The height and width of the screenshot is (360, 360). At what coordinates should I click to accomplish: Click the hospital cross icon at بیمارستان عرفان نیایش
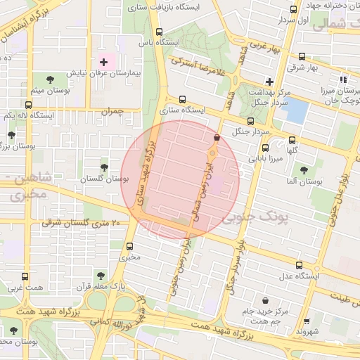tap(104, 63)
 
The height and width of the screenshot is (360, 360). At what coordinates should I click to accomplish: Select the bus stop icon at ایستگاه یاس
tap(160, 32)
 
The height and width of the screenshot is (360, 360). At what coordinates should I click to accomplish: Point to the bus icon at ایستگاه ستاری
tap(183, 99)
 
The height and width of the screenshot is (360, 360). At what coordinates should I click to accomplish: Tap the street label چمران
tap(111, 111)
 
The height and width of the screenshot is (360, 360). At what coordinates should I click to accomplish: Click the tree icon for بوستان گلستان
tap(104, 167)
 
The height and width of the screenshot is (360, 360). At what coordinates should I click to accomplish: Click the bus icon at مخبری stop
tap(129, 246)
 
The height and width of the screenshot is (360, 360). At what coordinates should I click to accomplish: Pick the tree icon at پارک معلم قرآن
tap(100, 276)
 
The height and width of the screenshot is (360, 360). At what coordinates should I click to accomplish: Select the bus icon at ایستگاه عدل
tap(300, 265)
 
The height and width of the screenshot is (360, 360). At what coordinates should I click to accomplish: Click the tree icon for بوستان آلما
tap(304, 170)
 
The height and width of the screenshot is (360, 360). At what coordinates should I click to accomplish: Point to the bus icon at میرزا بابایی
tap(265, 148)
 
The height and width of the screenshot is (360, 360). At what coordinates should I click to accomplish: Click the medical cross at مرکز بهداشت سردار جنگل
tap(269, 81)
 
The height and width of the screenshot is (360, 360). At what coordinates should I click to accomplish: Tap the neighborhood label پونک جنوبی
tap(255, 218)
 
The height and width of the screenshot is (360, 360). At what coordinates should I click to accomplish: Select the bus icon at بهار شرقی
tap(302, 56)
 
